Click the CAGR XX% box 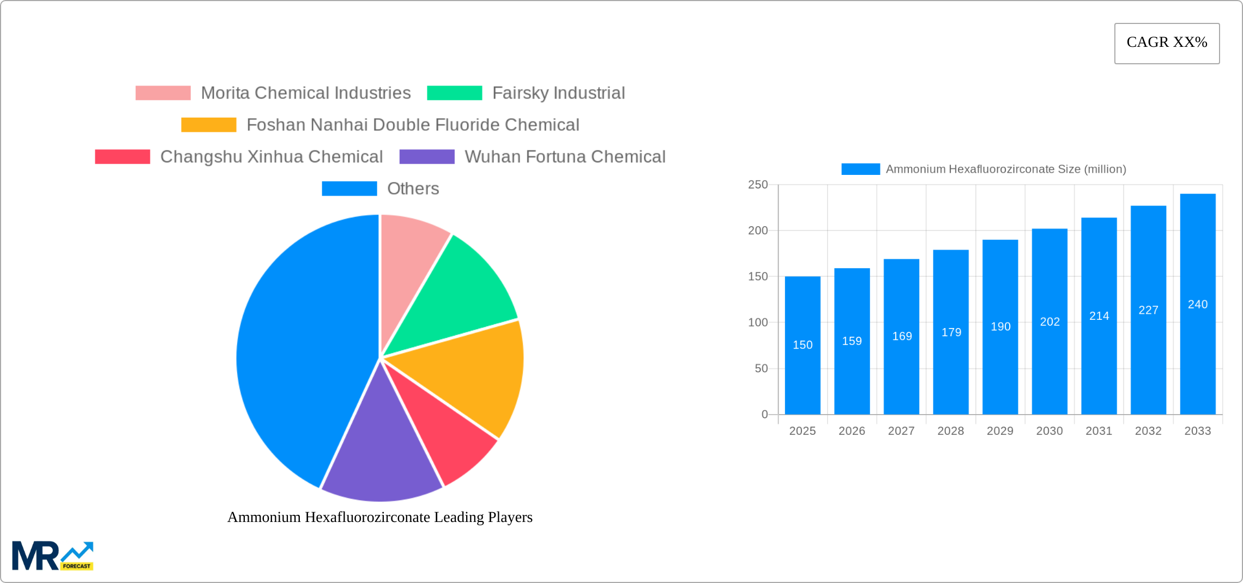click(1167, 43)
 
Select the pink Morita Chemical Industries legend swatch click(163, 93)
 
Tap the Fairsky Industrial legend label click(558, 93)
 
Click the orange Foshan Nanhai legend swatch click(209, 125)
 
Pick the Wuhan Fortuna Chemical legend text click(565, 157)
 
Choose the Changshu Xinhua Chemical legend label click(271, 157)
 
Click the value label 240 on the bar click(1198, 305)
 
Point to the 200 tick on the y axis click(758, 230)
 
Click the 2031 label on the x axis click(1099, 431)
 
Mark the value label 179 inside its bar click(951, 332)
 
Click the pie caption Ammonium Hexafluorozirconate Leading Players click(380, 517)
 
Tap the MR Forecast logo click(53, 556)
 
